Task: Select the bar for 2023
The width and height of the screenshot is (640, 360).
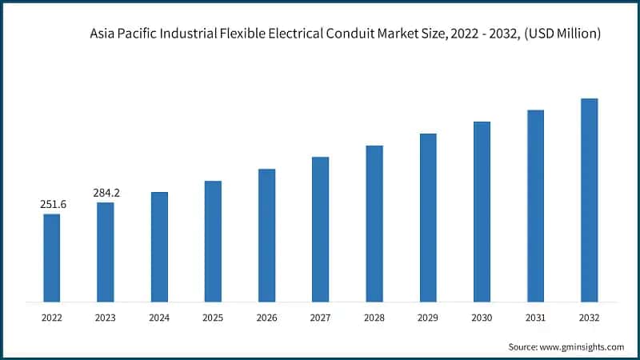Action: point(105,252)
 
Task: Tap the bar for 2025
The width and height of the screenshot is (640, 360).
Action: point(213,241)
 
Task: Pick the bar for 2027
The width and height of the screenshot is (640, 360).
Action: point(320,229)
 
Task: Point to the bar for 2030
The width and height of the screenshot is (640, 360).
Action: point(482,211)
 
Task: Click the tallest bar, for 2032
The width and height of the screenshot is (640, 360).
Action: point(589,200)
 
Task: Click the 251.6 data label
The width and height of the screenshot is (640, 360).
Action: point(53,205)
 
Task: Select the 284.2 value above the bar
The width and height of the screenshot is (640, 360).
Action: point(106,193)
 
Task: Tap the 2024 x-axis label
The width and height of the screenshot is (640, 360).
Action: point(159,318)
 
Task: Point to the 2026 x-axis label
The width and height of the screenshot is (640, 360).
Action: point(266,318)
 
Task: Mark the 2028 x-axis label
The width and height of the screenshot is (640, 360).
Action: point(374,318)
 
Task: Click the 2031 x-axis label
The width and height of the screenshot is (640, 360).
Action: point(535,318)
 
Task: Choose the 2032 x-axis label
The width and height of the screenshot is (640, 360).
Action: point(589,318)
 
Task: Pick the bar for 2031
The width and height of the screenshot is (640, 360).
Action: point(535,206)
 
